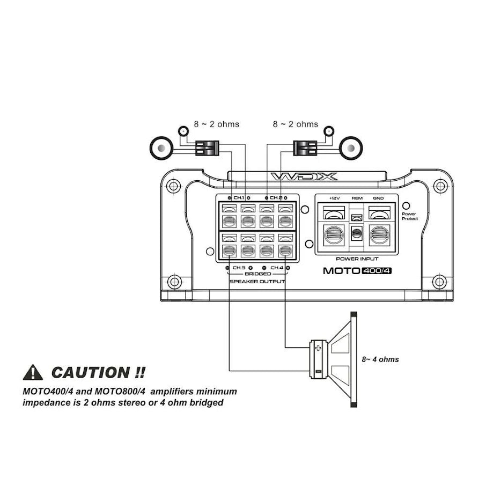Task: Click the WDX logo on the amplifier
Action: pos(304,176)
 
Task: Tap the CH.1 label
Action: pos(239,197)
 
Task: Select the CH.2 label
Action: pos(276,197)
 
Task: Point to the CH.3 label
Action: pos(239,267)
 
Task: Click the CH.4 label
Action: pos(277,267)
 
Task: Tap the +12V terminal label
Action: pos(333,198)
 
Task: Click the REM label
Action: pos(357,198)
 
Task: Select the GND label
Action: pos(378,198)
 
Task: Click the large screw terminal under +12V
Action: pos(334,234)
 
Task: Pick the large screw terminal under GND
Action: pos(379,234)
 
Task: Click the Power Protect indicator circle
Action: pos(406,205)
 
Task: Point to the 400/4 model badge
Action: pos(377,270)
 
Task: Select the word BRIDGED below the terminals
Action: pos(257,274)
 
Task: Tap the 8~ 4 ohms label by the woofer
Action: pos(380,359)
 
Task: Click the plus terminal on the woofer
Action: pos(319,348)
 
